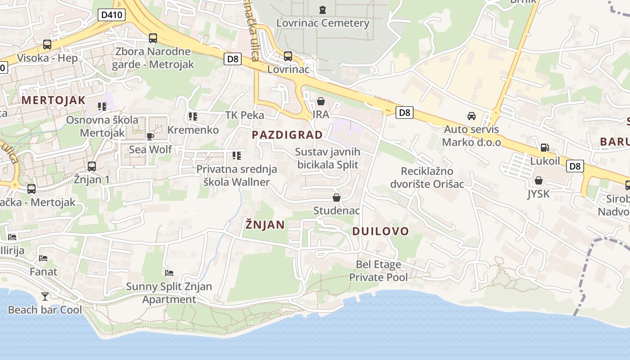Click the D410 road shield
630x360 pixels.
(x=111, y=15)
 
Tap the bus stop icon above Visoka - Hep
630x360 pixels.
(x=47, y=45)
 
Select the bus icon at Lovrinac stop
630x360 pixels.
(x=288, y=56)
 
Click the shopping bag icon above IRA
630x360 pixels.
(x=321, y=101)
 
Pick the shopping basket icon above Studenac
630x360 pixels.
(x=336, y=198)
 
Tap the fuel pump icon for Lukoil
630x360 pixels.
(x=544, y=148)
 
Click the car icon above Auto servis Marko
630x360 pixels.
(x=472, y=116)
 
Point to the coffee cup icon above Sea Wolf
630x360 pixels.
(x=150, y=136)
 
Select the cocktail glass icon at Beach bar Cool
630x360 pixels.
(x=45, y=296)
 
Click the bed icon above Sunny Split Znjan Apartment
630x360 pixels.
(x=169, y=273)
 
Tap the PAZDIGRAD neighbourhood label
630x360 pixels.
(x=287, y=135)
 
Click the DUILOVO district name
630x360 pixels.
(x=381, y=231)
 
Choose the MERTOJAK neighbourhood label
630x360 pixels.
(x=54, y=100)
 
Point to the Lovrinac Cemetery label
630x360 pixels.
(x=323, y=23)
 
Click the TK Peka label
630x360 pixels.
(x=245, y=115)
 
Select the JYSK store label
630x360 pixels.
(x=539, y=194)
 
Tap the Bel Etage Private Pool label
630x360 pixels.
(x=378, y=271)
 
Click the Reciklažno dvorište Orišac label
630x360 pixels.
(x=427, y=177)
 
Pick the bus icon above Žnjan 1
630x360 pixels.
(x=92, y=166)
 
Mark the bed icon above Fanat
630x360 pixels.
(x=43, y=258)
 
